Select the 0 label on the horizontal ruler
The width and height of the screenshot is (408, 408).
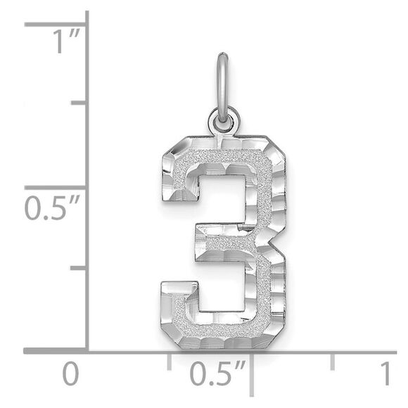[x=70, y=374]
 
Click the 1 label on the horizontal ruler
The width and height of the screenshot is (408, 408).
[x=385, y=374]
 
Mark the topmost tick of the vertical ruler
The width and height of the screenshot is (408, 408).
[x=56, y=24]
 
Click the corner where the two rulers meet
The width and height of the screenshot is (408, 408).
[x=86, y=350]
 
